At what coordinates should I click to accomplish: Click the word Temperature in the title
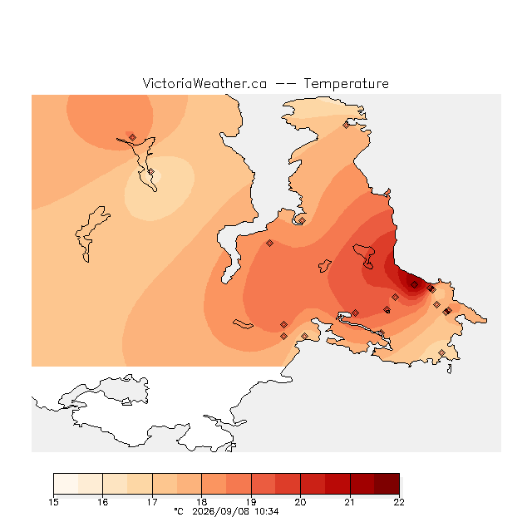coord(346,83)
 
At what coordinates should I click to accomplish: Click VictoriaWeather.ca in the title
coord(204,83)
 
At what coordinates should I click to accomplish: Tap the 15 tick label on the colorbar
coord(53,502)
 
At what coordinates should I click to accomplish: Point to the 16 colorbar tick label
coord(103,502)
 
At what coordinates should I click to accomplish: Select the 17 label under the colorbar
coord(152,502)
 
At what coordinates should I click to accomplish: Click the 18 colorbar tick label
coord(201,502)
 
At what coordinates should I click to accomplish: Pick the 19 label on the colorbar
coord(251,502)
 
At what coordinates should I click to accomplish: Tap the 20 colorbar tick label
coord(300,502)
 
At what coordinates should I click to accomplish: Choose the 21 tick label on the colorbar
coord(350,502)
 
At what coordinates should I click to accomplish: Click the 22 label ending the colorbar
coord(399,502)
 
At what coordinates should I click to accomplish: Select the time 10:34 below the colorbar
coord(267,511)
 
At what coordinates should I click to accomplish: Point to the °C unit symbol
coord(179,511)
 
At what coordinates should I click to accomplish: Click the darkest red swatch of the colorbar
coord(387,484)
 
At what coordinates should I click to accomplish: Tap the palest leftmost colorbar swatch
coord(66,484)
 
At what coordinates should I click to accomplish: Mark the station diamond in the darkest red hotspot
coord(414,284)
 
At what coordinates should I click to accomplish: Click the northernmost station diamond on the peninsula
coord(346,126)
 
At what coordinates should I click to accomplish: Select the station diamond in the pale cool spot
coord(151,172)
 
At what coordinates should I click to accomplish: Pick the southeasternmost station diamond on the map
coord(441,352)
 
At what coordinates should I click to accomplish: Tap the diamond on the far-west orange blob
coord(133,137)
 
